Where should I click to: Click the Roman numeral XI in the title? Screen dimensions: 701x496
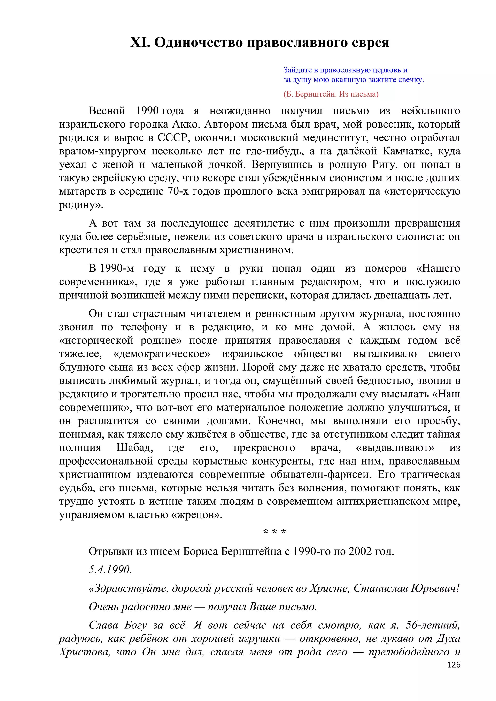click(140, 42)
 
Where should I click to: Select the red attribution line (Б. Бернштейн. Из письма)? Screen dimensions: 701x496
click(331, 94)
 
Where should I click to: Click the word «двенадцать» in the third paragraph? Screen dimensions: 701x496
click(387, 295)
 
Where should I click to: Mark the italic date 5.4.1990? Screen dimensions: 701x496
click(110, 570)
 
